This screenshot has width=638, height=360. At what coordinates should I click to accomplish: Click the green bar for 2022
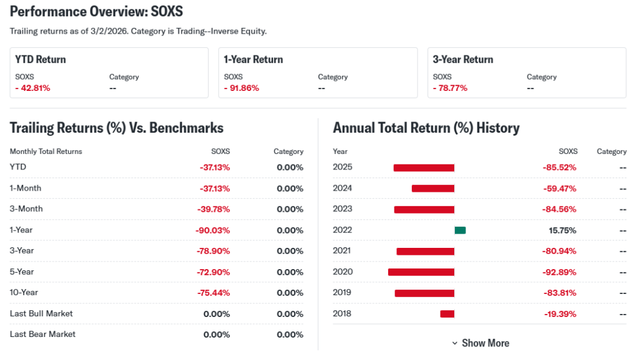460,230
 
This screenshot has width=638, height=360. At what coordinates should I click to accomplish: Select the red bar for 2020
421,272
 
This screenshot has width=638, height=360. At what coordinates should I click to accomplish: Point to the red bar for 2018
447,314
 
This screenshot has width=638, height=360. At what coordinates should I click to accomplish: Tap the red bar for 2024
433,189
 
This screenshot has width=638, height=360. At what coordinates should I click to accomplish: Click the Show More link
480,343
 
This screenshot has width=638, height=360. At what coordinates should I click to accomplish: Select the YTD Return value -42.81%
33,88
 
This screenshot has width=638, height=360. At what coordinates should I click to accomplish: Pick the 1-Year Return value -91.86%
242,88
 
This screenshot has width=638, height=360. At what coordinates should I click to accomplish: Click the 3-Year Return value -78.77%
450,88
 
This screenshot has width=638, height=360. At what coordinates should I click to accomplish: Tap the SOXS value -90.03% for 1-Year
212,230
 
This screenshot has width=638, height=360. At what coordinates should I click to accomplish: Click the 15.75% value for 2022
563,230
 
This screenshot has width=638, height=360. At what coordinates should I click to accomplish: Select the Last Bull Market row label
41,313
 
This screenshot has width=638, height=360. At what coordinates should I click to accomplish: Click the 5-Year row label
22,272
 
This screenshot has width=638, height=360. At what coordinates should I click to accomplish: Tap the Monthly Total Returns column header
46,151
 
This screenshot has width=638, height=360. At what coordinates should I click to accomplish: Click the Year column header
340,151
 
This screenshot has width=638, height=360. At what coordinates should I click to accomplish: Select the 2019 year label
343,293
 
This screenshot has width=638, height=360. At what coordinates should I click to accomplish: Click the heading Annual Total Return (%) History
426,128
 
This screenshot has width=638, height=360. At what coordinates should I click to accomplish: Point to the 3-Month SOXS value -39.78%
212,209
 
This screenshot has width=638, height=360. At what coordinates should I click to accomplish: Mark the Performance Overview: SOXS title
97,12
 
